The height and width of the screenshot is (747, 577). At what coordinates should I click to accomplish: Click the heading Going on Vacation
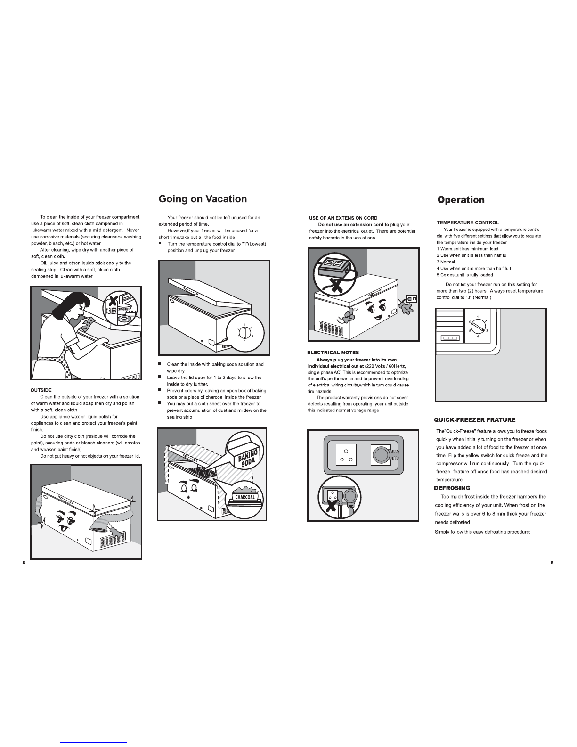(203, 199)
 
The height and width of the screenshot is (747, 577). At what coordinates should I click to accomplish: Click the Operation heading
(461, 200)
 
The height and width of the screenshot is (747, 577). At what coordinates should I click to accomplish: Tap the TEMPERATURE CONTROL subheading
(468, 222)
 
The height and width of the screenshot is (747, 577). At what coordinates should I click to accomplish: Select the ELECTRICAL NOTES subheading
(333, 353)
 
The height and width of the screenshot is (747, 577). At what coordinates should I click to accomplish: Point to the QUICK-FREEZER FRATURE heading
(474, 420)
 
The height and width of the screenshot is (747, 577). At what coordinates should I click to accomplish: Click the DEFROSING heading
(452, 488)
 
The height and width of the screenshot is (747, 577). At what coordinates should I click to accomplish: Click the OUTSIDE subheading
(41, 390)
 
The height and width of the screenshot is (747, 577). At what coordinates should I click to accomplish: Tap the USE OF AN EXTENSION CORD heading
(343, 218)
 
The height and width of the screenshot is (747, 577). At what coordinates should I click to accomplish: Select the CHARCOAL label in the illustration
(245, 497)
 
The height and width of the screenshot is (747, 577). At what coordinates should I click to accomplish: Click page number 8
(24, 563)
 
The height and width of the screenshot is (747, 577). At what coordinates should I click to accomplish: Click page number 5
(552, 563)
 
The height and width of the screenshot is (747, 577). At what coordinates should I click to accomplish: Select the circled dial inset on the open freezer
(245, 333)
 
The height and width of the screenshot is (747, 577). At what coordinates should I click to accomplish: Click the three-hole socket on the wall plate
(346, 455)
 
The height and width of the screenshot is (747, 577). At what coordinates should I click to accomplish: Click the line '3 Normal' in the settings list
(446, 262)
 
